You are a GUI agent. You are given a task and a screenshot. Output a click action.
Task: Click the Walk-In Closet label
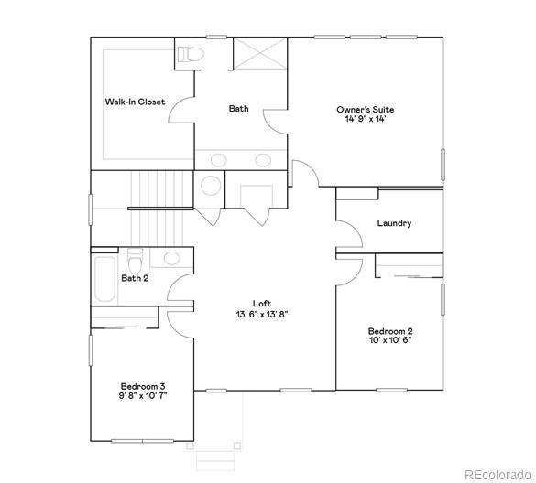click(x=135, y=102)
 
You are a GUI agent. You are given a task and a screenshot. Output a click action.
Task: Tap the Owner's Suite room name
click(x=365, y=109)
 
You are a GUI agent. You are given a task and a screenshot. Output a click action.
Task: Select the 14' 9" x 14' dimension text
click(x=365, y=119)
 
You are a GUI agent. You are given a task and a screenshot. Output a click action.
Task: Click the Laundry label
click(x=394, y=223)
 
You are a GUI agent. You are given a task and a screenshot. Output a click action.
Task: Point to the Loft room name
click(x=262, y=304)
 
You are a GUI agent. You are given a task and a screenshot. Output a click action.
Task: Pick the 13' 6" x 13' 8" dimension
click(x=262, y=314)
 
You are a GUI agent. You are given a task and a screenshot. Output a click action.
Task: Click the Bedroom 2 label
click(x=390, y=330)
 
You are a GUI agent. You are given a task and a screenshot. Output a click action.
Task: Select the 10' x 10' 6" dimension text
click(x=390, y=340)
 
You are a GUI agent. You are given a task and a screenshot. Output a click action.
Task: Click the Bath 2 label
click(x=135, y=278)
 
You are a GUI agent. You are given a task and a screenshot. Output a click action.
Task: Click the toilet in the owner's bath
click(x=190, y=54)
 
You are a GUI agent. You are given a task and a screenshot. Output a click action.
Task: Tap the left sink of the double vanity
click(x=218, y=160)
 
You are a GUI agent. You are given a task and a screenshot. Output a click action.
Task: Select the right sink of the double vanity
click(x=263, y=160)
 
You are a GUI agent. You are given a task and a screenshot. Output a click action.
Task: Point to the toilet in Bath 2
click(x=135, y=257)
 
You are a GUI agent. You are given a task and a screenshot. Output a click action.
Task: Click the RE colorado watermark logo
click(x=496, y=473)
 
